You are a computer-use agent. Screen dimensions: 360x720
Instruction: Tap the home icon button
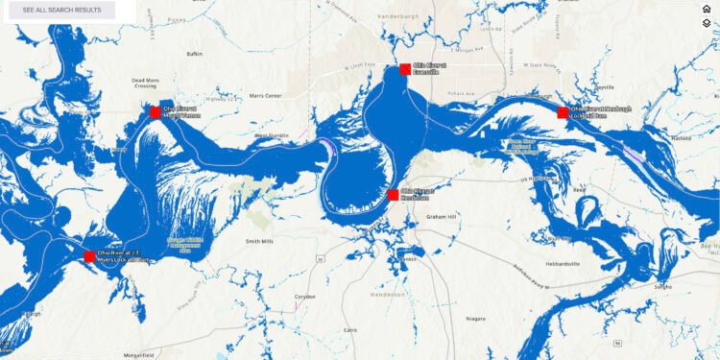[x=707, y=9]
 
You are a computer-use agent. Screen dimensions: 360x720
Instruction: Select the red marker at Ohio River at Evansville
[x=405, y=69]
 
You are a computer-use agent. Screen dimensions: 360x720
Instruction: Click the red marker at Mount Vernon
[x=156, y=111]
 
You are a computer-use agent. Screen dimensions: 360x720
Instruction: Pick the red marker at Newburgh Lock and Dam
[x=563, y=112]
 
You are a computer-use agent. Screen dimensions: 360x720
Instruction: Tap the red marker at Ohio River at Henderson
[x=393, y=195]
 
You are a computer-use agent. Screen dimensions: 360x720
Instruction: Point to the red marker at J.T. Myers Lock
[x=90, y=256]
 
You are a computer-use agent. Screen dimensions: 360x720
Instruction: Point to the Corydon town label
[x=305, y=297]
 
